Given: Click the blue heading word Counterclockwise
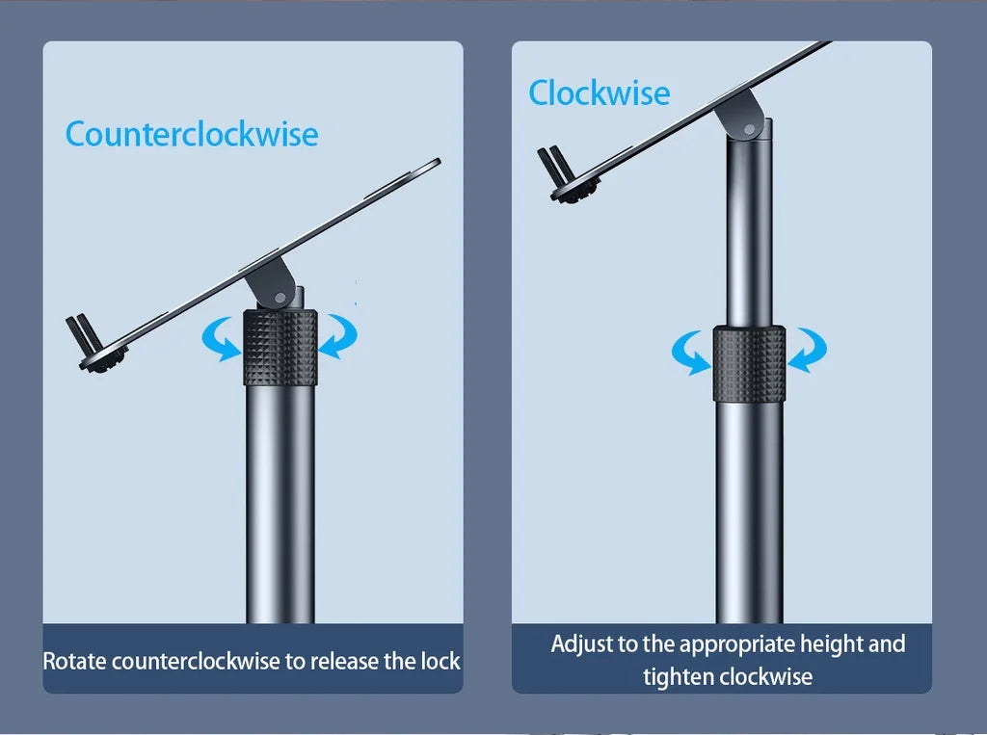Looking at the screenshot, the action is tap(192, 134).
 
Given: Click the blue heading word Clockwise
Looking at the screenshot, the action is tap(600, 93).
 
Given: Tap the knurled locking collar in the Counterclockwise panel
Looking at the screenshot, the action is tap(280, 347).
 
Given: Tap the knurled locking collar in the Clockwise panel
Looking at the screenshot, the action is tap(749, 364).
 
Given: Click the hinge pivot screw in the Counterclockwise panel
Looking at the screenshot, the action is tap(280, 297).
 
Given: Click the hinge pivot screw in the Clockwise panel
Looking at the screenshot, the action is tap(749, 130).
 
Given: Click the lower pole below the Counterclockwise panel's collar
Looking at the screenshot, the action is tap(280, 504).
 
